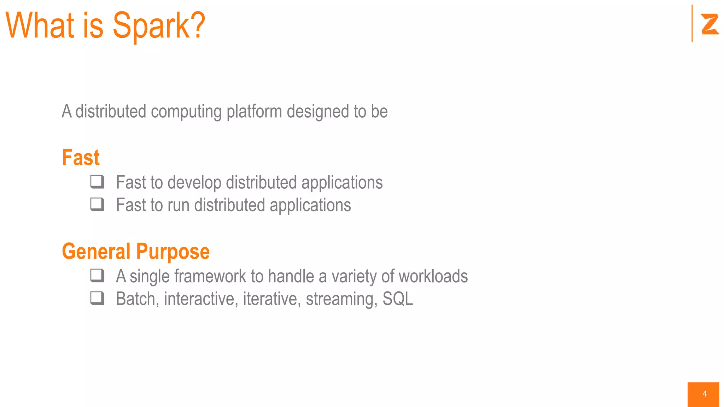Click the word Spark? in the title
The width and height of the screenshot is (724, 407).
point(159,25)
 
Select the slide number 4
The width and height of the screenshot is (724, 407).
point(704,394)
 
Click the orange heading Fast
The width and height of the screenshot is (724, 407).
point(81,158)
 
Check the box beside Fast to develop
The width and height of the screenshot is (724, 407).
point(97,182)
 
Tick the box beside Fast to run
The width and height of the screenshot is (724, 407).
point(97,204)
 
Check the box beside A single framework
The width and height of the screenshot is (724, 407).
point(97,276)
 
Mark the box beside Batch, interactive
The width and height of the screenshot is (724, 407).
point(97,298)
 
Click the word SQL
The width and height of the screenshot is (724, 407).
point(397,299)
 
